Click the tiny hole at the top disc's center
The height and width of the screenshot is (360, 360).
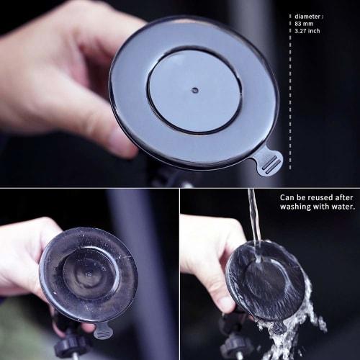[x=194, y=91]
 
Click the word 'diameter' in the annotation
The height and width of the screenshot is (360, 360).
[x=308, y=16]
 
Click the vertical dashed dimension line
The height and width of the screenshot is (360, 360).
[x=290, y=94]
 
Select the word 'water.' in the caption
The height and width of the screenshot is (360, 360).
[x=342, y=207]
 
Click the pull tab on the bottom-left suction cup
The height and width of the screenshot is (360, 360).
[x=103, y=331]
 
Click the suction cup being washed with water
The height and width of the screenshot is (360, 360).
[x=264, y=281]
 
